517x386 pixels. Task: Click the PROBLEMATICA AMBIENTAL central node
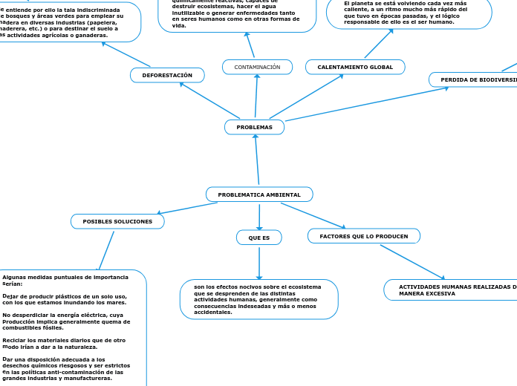(x=259, y=194)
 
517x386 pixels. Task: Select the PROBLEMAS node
(x=254, y=128)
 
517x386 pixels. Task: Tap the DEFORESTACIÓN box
(x=167, y=75)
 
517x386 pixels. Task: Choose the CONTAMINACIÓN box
(x=257, y=68)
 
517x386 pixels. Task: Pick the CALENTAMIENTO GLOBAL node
(x=355, y=68)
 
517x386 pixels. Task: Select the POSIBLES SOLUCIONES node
(x=117, y=221)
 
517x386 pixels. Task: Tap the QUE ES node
(x=258, y=238)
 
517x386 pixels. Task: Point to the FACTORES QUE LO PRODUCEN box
(x=363, y=236)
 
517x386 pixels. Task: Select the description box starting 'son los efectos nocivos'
(x=258, y=299)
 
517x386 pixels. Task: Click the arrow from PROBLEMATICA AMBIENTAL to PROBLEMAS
(x=257, y=160)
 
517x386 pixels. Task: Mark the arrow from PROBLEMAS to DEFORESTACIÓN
(x=210, y=100)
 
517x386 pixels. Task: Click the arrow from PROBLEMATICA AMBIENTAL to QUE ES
(x=259, y=216)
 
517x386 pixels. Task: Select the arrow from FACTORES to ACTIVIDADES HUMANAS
(x=412, y=262)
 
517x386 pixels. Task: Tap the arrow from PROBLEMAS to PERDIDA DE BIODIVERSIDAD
(x=357, y=105)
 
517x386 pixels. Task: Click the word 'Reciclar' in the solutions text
(x=13, y=340)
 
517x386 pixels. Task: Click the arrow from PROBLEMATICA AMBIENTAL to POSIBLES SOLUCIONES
(x=186, y=209)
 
